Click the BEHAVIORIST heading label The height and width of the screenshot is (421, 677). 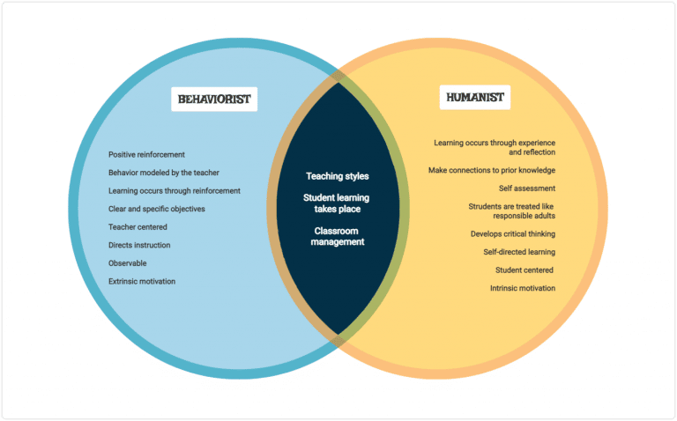[x=213, y=99]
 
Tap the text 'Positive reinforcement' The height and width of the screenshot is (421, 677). [x=146, y=154]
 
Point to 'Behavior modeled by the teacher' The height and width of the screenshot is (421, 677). [x=164, y=173]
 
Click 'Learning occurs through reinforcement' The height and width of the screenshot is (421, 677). [x=175, y=190]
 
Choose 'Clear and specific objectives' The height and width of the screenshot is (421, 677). [x=157, y=209]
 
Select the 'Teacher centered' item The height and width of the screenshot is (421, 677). [x=138, y=227]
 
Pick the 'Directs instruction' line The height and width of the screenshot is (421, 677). [x=139, y=245]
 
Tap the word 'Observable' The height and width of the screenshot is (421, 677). [x=128, y=263]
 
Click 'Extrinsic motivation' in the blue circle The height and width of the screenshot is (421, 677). [x=142, y=281]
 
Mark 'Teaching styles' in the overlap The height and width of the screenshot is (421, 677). [x=338, y=176]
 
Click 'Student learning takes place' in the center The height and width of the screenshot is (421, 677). [x=338, y=203]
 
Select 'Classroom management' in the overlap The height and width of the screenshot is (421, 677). [x=338, y=236]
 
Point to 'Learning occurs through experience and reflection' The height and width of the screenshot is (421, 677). [x=495, y=146]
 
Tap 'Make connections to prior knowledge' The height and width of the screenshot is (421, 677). [x=492, y=170]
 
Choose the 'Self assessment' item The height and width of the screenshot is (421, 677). [x=527, y=188]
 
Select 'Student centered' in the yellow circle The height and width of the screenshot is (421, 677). [x=524, y=270]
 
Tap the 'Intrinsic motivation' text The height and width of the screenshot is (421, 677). [x=523, y=288]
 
